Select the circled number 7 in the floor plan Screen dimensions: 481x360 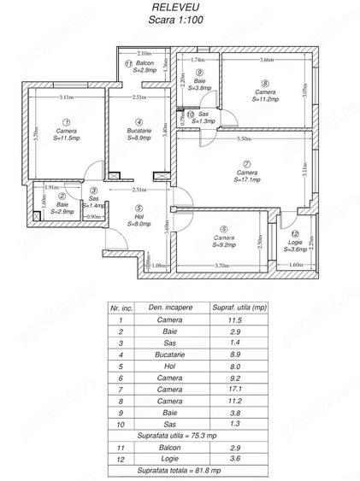pos(246,164)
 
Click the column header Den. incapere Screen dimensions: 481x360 pos(168,306)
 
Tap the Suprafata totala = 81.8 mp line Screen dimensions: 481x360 pos(180,469)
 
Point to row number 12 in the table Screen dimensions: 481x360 pos(121,457)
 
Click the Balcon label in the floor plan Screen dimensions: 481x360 pos(145,64)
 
